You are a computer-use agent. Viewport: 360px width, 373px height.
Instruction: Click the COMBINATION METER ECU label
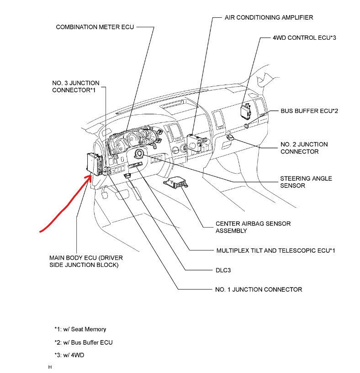pyautogui.click(x=95, y=27)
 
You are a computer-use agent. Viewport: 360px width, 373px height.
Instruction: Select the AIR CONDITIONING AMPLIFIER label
pyautogui.click(x=269, y=17)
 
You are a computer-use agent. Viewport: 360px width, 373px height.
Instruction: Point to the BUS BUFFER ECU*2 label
pyautogui.click(x=309, y=111)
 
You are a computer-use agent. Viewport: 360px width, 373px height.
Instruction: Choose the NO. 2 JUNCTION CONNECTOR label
pyautogui.click(x=304, y=148)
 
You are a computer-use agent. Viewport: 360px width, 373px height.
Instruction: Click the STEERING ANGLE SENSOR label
pyautogui.click(x=306, y=182)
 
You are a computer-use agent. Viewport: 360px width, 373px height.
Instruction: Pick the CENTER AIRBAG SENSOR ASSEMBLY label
pyautogui.click(x=253, y=227)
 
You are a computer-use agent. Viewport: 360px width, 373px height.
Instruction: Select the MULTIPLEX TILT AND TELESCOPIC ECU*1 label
pyautogui.click(x=276, y=250)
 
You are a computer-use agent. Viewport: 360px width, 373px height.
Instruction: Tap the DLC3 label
pyautogui.click(x=223, y=270)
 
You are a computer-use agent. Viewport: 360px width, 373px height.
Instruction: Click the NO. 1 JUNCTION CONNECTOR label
pyautogui.click(x=258, y=289)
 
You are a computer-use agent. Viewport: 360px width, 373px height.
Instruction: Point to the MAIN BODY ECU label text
pyautogui.click(x=86, y=261)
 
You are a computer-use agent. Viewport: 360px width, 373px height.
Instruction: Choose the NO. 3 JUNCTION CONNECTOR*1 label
pyautogui.click(x=75, y=87)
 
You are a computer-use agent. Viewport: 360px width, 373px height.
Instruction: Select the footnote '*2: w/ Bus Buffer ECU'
pyautogui.click(x=83, y=342)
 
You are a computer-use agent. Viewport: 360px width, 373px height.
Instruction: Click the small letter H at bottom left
pyautogui.click(x=50, y=367)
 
